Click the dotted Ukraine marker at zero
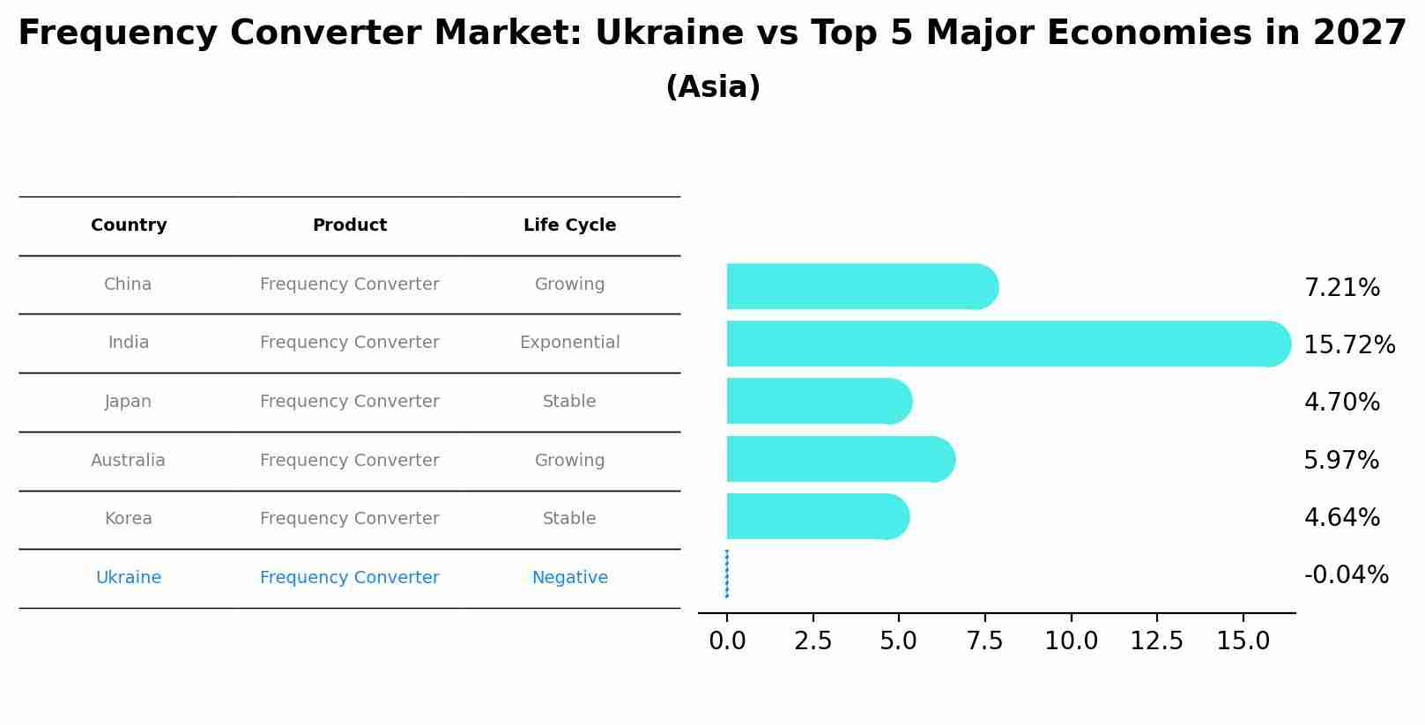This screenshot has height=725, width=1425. click(727, 573)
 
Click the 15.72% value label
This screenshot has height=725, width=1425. click(1348, 345)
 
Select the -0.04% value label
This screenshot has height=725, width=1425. click(1346, 575)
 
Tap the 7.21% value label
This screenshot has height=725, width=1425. click(1341, 288)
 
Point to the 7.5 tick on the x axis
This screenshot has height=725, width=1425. click(984, 641)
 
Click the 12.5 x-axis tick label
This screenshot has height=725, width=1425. click(1156, 641)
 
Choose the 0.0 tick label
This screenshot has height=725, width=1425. click(727, 641)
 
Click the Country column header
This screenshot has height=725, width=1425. click(129, 226)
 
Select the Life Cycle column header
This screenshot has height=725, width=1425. click(569, 226)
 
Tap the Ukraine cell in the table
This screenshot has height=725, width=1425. click(129, 578)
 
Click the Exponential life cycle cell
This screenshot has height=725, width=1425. click(569, 343)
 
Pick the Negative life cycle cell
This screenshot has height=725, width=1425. click(569, 578)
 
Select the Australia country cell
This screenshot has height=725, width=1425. click(128, 461)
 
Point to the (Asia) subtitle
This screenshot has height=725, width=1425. click(713, 87)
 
